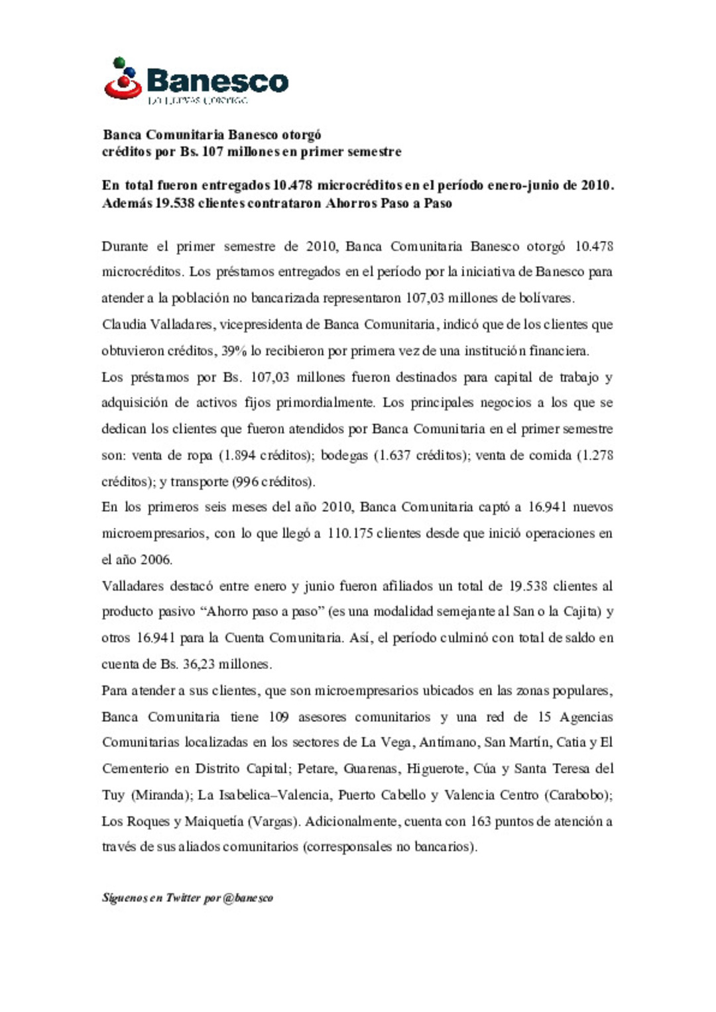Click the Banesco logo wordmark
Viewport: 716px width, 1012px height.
pyautogui.click(x=217, y=81)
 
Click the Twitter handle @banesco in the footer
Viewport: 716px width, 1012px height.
pyautogui.click(x=248, y=898)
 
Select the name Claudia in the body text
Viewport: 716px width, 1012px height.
pyautogui.click(x=123, y=325)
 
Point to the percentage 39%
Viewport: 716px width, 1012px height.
pyautogui.click(x=235, y=351)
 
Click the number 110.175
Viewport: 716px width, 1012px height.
pyautogui.click(x=350, y=533)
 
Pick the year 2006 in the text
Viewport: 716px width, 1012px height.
pyautogui.click(x=156, y=560)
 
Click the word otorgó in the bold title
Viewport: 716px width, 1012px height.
pyautogui.click(x=302, y=135)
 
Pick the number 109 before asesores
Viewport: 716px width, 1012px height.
pyautogui.click(x=278, y=717)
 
